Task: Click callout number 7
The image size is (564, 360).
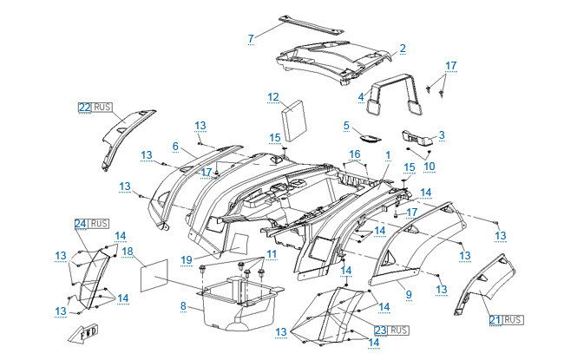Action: [251, 38]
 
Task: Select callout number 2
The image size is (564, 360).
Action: [403, 48]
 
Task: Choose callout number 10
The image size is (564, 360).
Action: [429, 166]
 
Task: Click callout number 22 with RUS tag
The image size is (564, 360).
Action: [84, 108]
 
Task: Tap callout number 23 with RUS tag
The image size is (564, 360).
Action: [381, 330]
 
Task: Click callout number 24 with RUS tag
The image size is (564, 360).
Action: [80, 223]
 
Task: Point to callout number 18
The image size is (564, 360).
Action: [128, 252]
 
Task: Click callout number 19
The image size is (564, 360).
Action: [187, 259]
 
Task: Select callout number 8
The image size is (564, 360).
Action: [183, 305]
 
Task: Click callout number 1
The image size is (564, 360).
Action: [388, 154]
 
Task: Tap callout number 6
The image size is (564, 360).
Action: [174, 146]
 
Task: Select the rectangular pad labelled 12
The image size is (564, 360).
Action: [297, 119]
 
